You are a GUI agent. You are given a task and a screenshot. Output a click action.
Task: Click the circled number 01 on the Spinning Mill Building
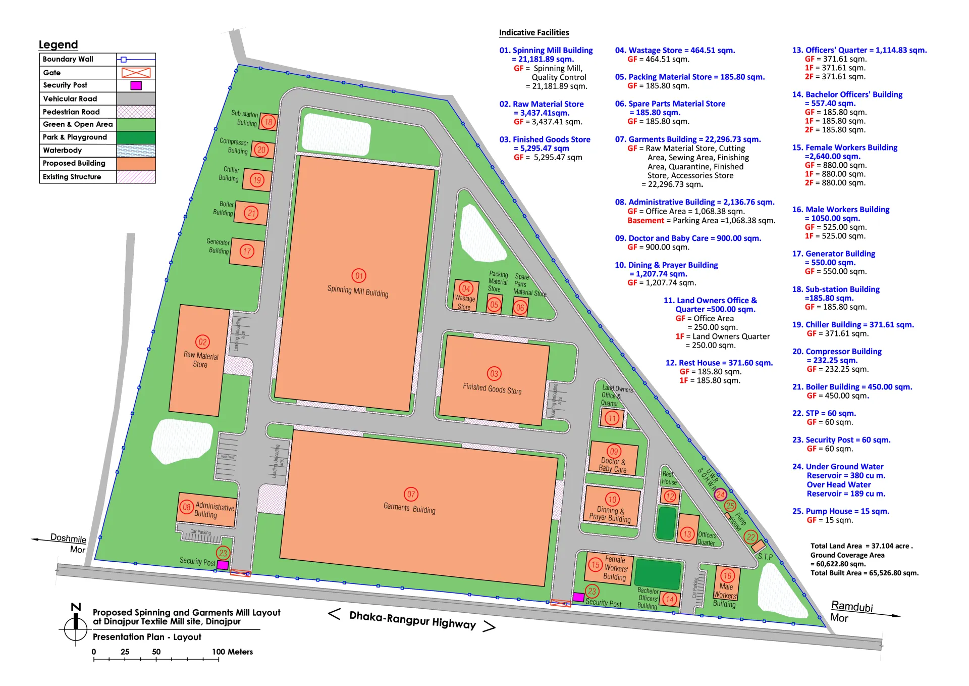pos(359,275)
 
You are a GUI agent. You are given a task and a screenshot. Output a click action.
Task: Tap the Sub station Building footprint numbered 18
pos(268,122)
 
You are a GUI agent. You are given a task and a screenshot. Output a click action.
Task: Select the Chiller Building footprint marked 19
pos(257,180)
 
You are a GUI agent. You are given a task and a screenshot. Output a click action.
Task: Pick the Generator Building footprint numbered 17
pos(247,252)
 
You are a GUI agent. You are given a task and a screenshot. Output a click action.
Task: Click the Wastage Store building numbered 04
pos(466,295)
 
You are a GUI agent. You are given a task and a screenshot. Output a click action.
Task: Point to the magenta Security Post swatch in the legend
pos(136,85)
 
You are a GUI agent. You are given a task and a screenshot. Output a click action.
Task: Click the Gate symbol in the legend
pos(136,73)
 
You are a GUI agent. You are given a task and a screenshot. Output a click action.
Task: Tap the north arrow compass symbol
pos(76,625)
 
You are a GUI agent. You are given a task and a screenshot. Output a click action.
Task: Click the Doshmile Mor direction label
pos(68,543)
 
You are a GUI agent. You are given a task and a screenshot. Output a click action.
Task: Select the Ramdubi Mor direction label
pos(851,611)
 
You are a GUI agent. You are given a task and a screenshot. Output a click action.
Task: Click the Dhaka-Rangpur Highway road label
pos(412,619)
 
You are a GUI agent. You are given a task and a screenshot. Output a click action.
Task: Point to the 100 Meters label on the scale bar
pos(232,652)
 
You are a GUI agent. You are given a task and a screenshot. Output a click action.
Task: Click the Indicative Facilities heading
pos(534,33)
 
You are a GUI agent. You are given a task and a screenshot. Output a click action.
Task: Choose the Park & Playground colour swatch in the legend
pos(136,137)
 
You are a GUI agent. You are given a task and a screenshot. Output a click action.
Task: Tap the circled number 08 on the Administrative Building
pos(187,507)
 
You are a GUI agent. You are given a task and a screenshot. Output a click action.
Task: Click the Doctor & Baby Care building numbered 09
pos(613,459)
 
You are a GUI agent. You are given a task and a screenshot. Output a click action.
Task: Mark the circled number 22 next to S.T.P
pos(751,537)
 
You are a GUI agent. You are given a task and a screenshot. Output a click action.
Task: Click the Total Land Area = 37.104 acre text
pos(861,546)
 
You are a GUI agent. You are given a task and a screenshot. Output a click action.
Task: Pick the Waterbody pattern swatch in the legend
pos(136,151)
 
